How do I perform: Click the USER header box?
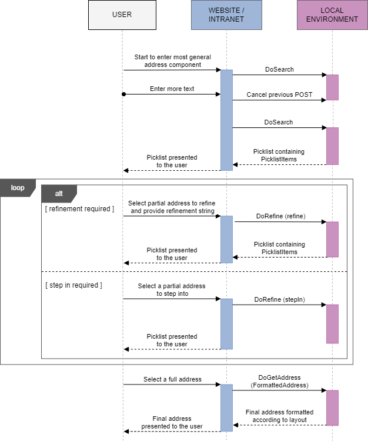[x=122, y=15]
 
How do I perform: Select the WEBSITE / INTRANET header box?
[x=226, y=15]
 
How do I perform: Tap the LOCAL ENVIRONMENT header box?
[x=332, y=15]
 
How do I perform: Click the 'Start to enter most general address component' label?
[x=172, y=61]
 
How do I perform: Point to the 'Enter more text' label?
[x=172, y=89]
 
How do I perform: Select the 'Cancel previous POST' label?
[x=279, y=95]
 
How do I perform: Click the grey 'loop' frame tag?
[x=18, y=188]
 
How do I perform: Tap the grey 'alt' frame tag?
[x=59, y=193]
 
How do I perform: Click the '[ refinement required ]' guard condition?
[x=79, y=209]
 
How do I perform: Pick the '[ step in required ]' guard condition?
[x=73, y=285]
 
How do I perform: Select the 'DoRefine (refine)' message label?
[x=280, y=216]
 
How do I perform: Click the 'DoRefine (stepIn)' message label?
[x=279, y=299]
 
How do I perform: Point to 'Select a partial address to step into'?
[x=172, y=290]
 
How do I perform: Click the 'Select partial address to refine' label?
[x=172, y=207]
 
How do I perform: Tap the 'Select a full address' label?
[x=172, y=380]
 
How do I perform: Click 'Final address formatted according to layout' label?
[x=279, y=416]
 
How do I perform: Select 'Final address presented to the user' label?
[x=172, y=423]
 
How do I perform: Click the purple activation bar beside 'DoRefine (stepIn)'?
[x=332, y=323]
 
